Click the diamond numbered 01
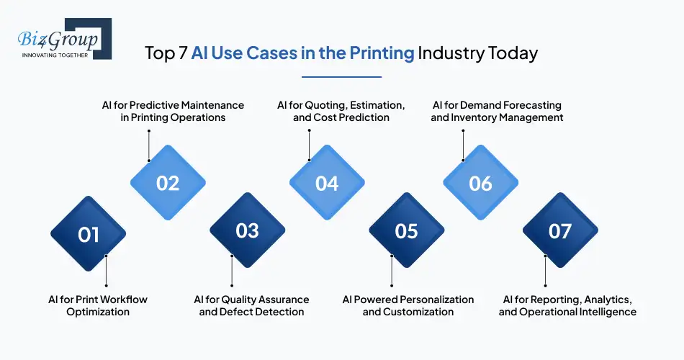coord(88,234)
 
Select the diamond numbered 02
coord(168,183)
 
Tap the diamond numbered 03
coord(247,230)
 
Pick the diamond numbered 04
coord(327,183)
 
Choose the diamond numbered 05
coord(407,230)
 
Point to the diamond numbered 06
coord(480,183)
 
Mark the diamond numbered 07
coord(559,230)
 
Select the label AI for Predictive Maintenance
coord(173,111)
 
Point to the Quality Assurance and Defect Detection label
coord(251,305)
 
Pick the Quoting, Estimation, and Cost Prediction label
coord(341,111)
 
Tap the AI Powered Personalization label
coord(408,305)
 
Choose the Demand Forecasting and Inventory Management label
coord(497,111)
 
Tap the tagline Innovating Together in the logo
coord(55,55)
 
